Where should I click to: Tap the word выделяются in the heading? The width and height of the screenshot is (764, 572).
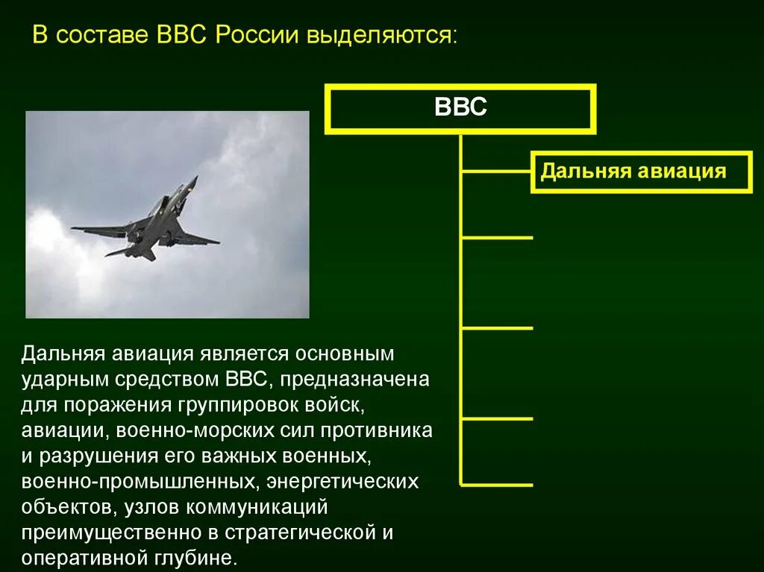(379, 36)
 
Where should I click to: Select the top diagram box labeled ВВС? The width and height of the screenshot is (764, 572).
(460, 109)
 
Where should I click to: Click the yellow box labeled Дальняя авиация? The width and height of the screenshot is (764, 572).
(633, 172)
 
